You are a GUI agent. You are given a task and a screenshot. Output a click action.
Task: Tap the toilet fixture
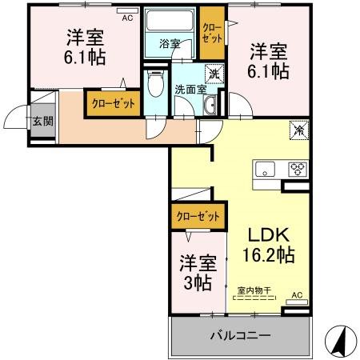tap(155, 86)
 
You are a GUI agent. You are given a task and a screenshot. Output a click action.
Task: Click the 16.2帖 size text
tap(268, 256)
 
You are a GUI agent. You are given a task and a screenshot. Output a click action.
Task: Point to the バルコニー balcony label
tap(241, 335)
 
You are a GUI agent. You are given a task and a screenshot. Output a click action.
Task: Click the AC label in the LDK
tap(297, 295)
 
